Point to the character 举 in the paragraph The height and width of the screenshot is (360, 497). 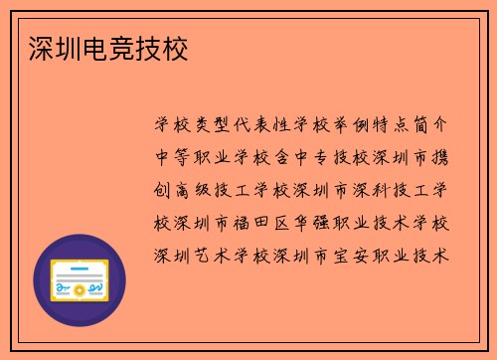(x=355, y=126)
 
